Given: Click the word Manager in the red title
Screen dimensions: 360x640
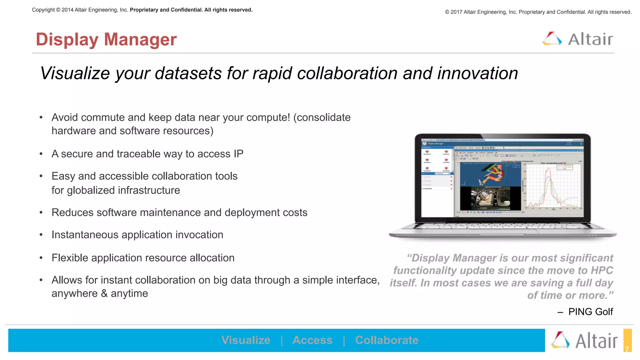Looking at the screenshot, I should pos(140,40).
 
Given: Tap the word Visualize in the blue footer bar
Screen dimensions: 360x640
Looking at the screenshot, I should pos(246,340).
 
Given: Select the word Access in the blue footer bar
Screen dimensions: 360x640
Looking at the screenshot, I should pos(312,340).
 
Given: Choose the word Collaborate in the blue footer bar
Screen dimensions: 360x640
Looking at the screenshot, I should pos(387,340).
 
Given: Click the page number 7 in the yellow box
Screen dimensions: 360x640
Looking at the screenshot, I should pos(627,349).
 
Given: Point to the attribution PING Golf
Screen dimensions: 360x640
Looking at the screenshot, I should pos(590,312).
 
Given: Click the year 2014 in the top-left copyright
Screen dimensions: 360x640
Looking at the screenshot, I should pos(67,10).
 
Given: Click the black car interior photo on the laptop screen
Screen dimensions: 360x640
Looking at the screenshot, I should pos(491,198).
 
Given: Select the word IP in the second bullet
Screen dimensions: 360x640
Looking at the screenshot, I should pos(238,154).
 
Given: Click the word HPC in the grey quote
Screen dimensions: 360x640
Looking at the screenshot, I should pos(602,270).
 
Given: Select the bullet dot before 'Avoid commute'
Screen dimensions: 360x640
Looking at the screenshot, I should pos(41,118).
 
